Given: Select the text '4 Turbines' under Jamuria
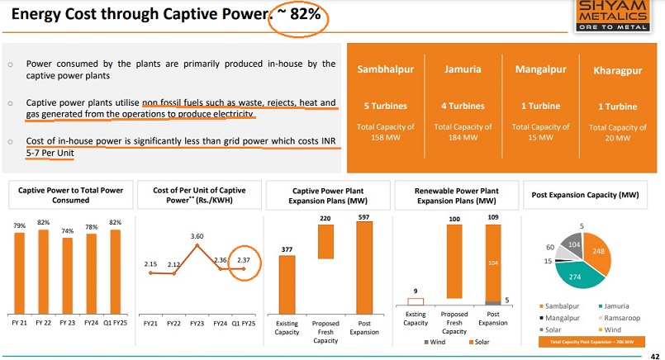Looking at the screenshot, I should click(462, 106).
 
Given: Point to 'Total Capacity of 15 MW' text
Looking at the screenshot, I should click(541, 132).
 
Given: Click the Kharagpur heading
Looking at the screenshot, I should click(616, 71).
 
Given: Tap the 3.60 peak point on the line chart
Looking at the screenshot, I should click(197, 246).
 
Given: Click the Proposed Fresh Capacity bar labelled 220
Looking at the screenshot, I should click(325, 241).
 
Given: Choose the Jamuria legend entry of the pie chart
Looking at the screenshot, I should click(611, 307).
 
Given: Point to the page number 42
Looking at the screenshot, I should click(653, 354).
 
